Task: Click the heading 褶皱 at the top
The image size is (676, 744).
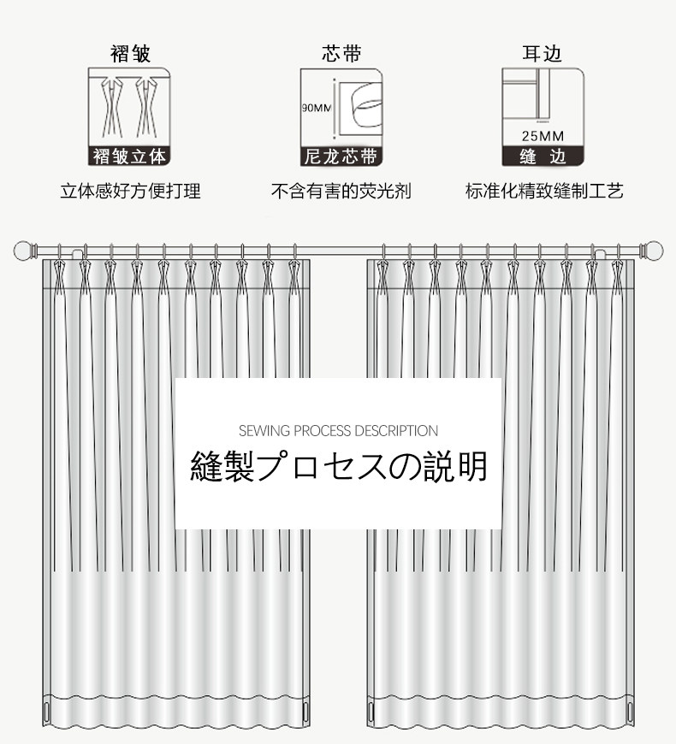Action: point(130,54)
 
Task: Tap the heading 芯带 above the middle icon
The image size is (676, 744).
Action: point(341,54)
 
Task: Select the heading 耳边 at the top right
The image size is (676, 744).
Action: point(543,54)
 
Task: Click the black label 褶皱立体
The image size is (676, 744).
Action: point(130,156)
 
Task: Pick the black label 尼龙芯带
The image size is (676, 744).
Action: point(341,156)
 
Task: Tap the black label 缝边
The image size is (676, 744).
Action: point(543,156)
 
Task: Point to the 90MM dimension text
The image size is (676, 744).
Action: point(316,108)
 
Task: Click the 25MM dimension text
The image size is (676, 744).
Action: point(543,136)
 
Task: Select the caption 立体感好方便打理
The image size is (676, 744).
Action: point(130,191)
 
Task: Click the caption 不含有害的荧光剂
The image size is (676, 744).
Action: point(341,191)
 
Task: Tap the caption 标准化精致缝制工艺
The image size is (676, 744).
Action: point(543,191)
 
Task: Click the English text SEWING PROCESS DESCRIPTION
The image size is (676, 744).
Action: point(338,431)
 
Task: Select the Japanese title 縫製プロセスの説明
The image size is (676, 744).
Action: point(338,467)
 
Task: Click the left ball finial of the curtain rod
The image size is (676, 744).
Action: point(24,251)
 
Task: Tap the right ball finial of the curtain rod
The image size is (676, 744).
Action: point(653,251)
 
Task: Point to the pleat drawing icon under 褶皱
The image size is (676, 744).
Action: point(130,107)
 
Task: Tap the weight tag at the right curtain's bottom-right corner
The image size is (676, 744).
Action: point(631,712)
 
